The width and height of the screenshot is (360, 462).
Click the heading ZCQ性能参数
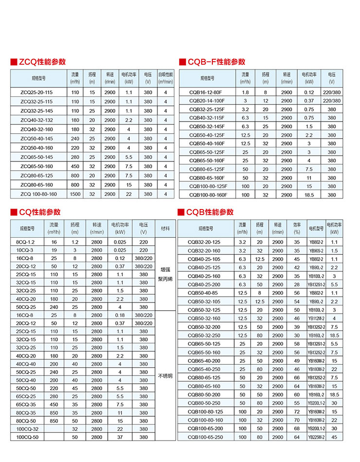(42, 62)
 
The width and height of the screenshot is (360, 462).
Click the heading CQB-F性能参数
(214, 62)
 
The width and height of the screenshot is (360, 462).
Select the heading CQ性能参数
(39, 212)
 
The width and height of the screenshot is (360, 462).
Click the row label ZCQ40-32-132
(36, 120)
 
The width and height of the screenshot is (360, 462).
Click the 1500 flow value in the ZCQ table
(75, 194)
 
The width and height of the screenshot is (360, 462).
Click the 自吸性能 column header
(166, 78)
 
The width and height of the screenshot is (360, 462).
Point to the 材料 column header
(166, 228)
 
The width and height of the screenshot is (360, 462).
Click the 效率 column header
(297, 228)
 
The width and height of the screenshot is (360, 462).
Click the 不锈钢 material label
(166, 376)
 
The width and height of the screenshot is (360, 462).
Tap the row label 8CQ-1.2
(26, 242)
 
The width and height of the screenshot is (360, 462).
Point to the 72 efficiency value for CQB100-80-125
(297, 411)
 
